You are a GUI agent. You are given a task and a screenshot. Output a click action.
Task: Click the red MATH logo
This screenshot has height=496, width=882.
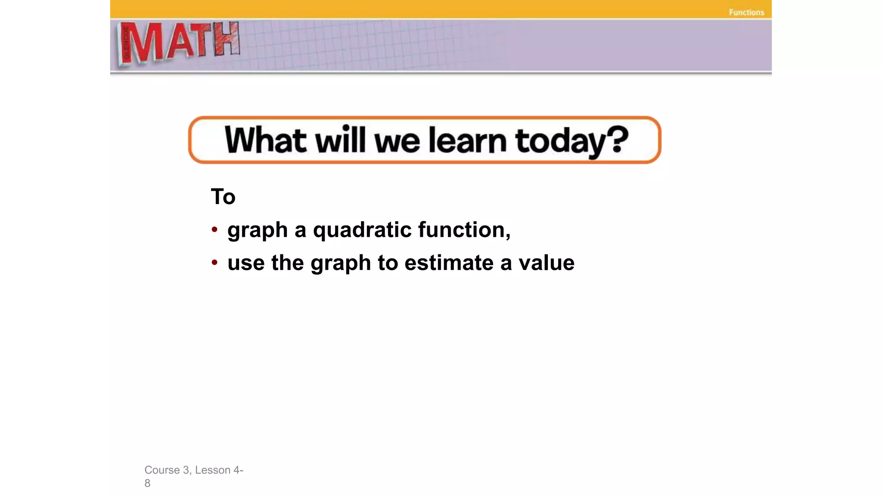point(178,43)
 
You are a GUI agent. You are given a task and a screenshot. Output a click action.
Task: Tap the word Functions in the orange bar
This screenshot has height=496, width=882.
point(746,12)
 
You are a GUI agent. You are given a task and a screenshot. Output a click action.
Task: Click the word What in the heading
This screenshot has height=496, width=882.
point(265,140)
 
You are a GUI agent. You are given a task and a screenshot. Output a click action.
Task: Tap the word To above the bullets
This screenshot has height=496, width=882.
point(223,197)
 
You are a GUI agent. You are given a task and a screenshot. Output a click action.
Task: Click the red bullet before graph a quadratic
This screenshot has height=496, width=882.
point(214,229)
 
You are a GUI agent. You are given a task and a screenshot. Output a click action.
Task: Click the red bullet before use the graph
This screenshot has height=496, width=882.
point(214,263)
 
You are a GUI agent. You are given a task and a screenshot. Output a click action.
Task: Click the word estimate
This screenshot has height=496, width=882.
point(449,263)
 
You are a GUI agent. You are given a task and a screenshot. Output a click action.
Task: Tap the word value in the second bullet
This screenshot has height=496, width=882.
point(546,263)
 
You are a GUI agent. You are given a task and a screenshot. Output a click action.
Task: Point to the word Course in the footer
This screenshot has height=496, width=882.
point(162,470)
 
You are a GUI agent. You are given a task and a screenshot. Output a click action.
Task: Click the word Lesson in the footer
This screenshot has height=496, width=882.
point(213,470)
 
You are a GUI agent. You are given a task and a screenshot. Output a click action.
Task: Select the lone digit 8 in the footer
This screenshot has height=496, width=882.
point(147,484)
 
